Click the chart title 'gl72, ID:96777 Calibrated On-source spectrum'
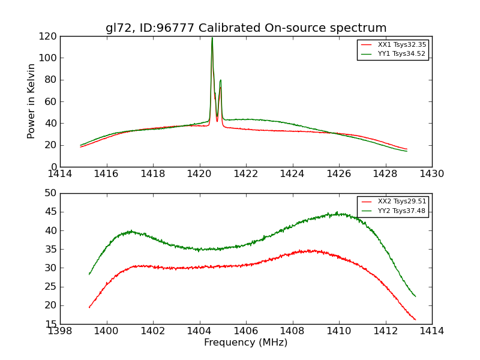[246, 28]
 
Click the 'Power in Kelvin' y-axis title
[31, 101]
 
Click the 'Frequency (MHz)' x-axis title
[246, 343]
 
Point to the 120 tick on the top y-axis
[49, 36]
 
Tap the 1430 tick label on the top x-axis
[431, 174]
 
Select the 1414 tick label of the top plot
[60, 174]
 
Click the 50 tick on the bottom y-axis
[51, 193]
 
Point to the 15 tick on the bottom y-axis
[51, 324]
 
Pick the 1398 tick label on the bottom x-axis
[60, 331]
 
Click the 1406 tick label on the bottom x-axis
[246, 331]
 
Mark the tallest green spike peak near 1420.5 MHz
[212, 38]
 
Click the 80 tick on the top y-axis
[51, 80]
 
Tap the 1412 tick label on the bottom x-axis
[385, 331]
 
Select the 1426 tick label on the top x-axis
[338, 174]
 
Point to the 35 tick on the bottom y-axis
[51, 249]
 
